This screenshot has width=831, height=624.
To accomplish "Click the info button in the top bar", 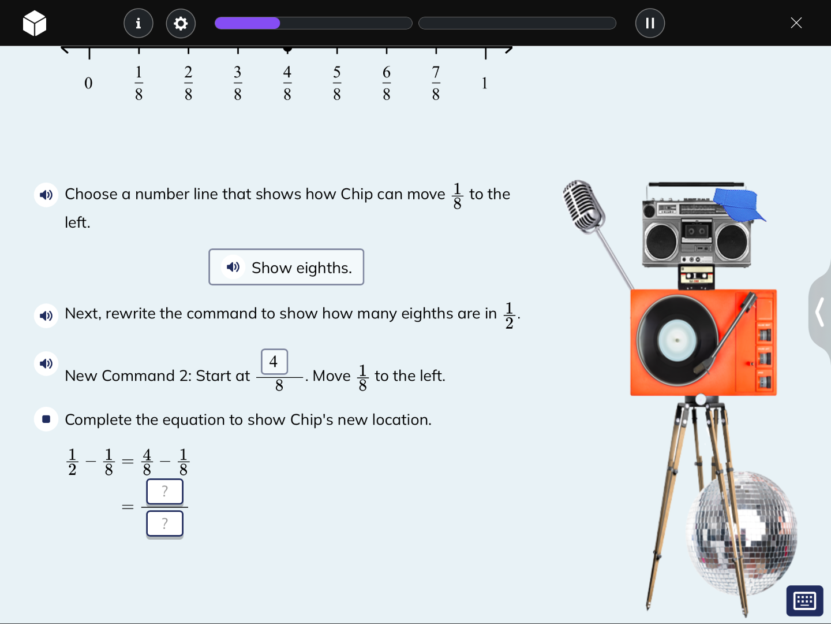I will click(138, 23).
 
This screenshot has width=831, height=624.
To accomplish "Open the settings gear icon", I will click(181, 23).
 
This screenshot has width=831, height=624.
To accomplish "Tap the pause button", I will click(650, 23).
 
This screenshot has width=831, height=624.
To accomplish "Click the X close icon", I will click(796, 23).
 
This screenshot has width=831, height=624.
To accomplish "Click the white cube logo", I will click(35, 24).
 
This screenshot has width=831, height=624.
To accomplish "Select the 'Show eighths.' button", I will click(286, 267).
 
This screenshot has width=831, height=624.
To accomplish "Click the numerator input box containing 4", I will click(274, 362).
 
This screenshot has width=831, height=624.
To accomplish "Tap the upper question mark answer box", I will click(164, 492).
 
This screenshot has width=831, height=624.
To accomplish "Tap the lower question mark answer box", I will click(164, 523).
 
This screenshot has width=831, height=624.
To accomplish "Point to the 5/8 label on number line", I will click(337, 83).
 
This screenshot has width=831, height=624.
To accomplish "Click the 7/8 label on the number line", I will click(436, 83).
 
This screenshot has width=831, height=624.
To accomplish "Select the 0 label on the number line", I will click(88, 83).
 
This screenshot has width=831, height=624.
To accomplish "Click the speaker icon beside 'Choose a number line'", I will click(46, 195).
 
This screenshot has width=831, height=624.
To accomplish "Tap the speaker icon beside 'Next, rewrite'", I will click(46, 315).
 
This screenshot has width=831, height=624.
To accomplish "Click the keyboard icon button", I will click(804, 601).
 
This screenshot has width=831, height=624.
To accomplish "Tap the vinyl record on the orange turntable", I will click(676, 340).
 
